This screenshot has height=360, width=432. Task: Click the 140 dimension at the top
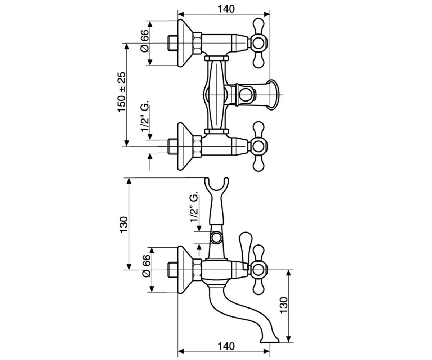point(226,9)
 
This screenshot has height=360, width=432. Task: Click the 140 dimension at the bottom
point(226,346)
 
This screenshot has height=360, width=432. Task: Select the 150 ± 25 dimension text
point(122,92)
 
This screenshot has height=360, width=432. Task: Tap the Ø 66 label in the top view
point(144,41)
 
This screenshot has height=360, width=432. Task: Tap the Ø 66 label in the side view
point(146,266)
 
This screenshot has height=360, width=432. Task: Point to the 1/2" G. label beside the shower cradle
point(194,207)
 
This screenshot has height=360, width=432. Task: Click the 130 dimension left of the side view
point(124,225)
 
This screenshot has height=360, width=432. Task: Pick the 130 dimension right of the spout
point(284,305)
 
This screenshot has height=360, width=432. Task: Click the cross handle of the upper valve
point(258,43)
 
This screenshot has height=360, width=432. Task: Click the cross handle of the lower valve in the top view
point(258,147)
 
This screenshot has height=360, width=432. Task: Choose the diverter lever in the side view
point(246,251)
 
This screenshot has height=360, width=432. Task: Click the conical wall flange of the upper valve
point(185,43)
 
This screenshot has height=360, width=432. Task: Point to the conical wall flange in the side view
point(185,270)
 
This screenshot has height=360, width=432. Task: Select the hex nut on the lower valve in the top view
point(197,147)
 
